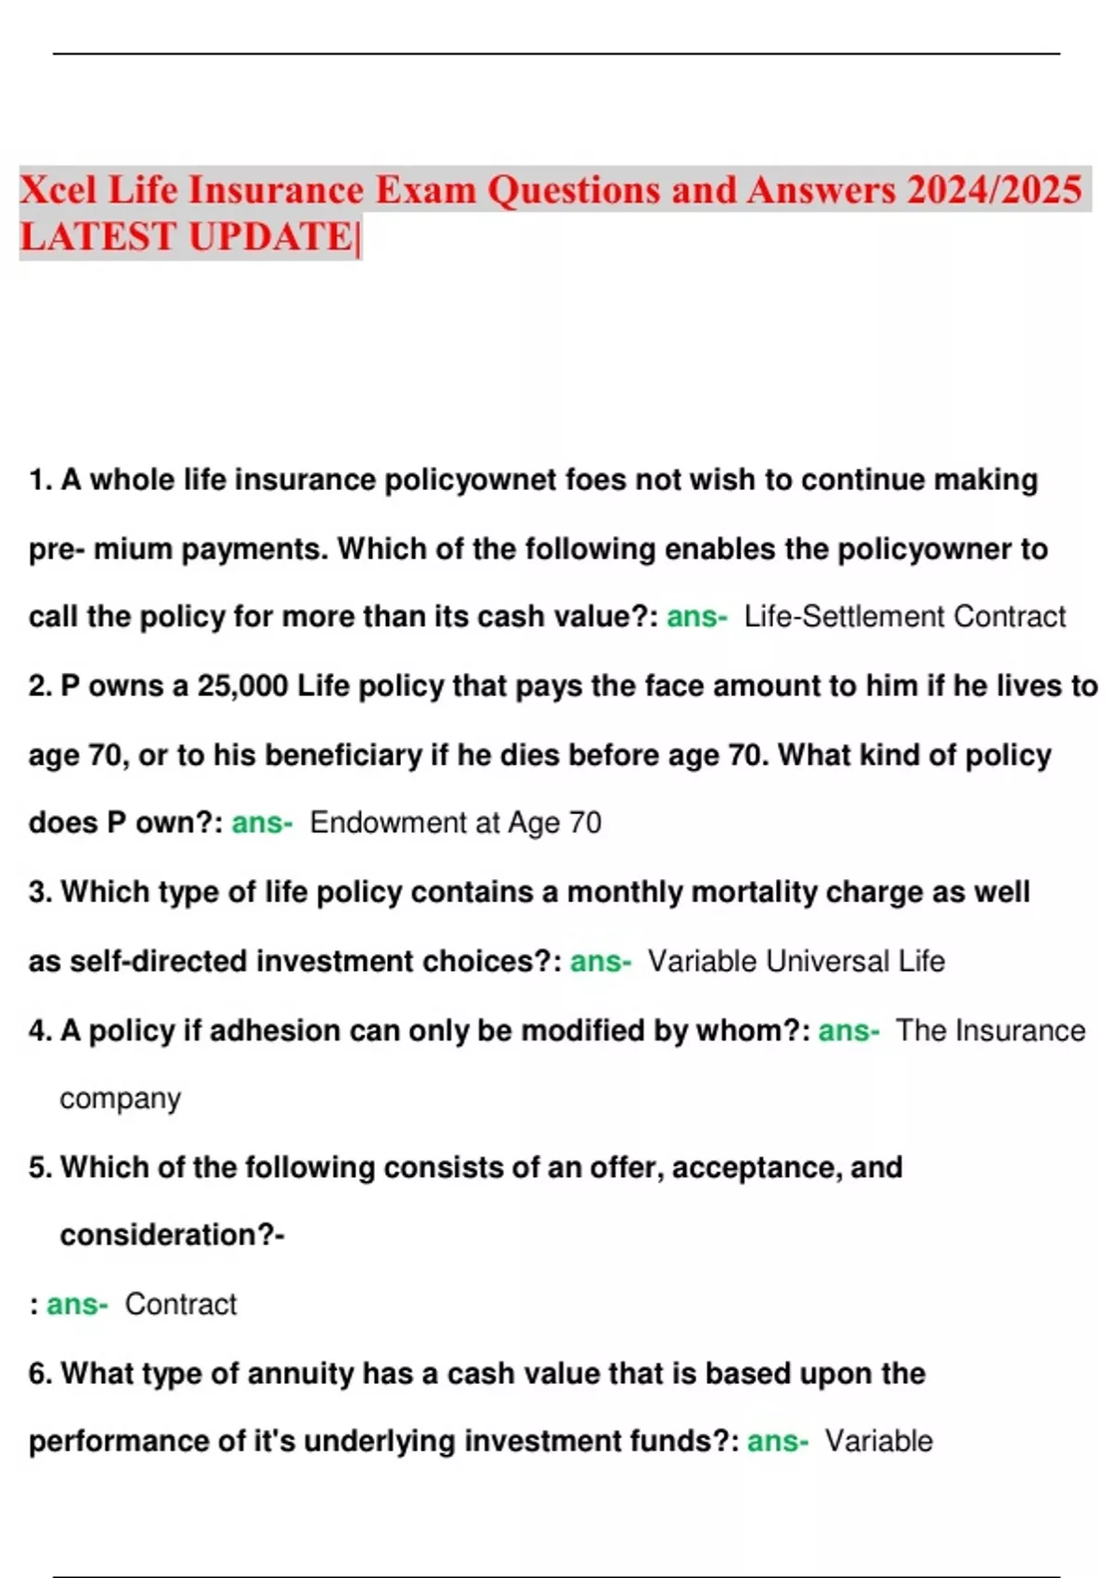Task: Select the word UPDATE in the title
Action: [270, 237]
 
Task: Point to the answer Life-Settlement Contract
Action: [904, 616]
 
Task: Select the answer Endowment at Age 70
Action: [455, 822]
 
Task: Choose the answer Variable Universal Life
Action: [796, 961]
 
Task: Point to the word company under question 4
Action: [120, 1099]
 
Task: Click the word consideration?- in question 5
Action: [172, 1235]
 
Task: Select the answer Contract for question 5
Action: [180, 1304]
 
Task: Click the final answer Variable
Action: [878, 1441]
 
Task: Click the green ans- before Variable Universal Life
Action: [600, 961]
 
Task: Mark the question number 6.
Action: [40, 1374]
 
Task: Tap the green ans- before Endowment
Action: [262, 822]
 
